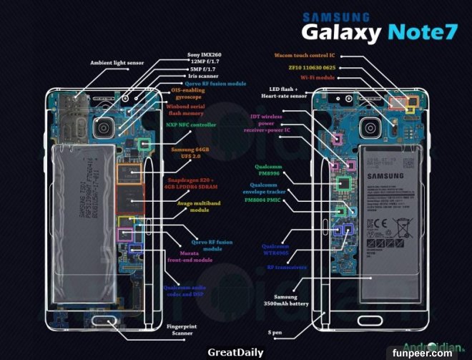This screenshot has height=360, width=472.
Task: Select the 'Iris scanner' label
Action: pyautogui.click(x=204, y=75)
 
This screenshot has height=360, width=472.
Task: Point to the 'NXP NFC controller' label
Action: pyautogui.click(x=191, y=124)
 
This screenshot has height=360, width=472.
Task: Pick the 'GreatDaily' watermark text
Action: pyautogui.click(x=235, y=352)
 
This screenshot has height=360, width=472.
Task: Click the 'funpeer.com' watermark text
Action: pyautogui.click(x=441, y=352)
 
